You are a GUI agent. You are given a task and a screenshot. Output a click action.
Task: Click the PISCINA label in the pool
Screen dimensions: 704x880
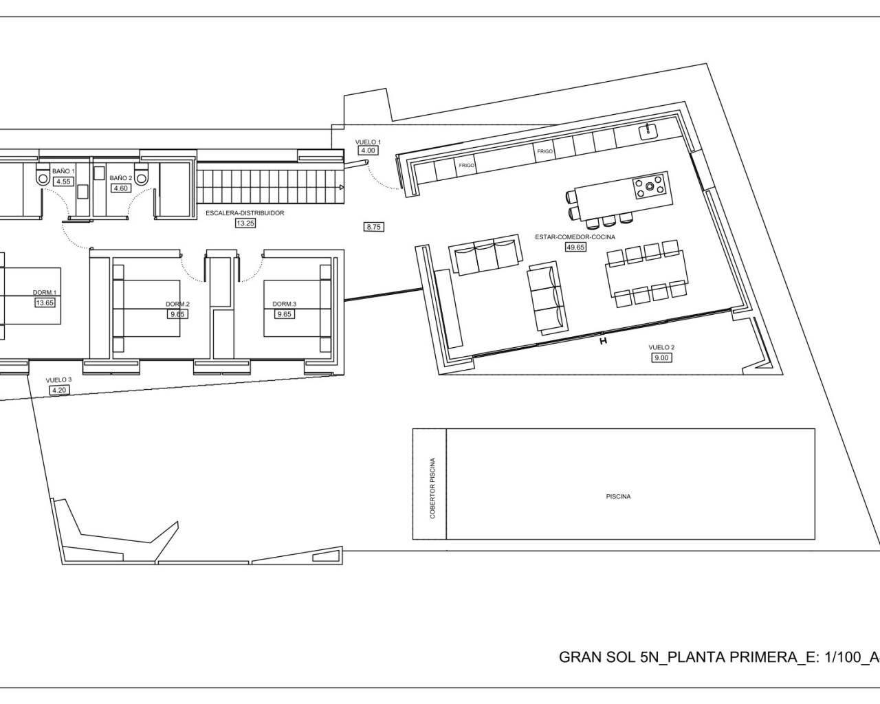coord(618,496)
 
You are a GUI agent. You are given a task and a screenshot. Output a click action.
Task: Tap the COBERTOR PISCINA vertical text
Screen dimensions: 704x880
coord(432,488)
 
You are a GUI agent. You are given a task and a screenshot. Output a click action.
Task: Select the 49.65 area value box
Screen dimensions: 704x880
coord(575,247)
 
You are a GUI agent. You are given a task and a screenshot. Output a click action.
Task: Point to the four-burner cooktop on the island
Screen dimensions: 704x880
coord(649,186)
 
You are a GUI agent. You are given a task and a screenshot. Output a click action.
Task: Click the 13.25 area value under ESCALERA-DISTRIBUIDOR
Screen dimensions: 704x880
coord(245,223)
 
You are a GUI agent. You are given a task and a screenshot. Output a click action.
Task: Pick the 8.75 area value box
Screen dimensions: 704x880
coord(373,226)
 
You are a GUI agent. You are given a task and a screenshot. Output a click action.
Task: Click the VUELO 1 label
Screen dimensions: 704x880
coord(368,142)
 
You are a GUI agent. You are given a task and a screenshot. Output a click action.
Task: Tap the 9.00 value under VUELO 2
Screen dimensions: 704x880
coord(661,357)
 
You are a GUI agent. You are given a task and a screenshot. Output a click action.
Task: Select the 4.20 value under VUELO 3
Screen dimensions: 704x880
coord(59,390)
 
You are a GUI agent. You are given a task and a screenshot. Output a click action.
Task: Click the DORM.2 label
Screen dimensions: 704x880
coord(177,304)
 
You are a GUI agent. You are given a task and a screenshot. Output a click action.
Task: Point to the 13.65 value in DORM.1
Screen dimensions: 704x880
coord(45,302)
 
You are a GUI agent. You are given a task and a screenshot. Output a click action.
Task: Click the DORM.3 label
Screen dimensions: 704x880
coord(284,304)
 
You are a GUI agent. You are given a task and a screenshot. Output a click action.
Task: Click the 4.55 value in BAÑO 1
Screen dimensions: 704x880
coord(63,181)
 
